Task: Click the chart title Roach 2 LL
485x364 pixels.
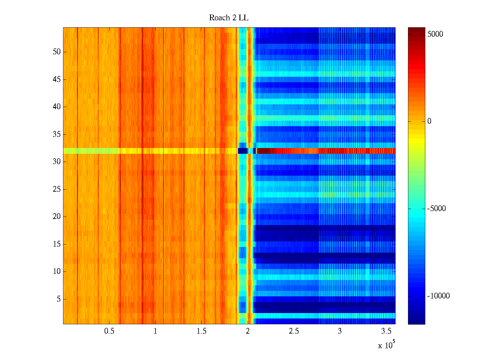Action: (229, 18)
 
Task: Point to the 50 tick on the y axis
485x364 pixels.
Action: (57, 52)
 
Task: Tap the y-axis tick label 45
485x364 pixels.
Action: (57, 79)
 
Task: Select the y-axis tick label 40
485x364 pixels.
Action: (57, 107)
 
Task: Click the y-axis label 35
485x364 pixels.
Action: (57, 134)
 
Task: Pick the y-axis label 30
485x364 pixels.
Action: (57, 162)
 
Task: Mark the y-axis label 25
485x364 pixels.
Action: (57, 189)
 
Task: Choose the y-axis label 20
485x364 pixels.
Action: (57, 217)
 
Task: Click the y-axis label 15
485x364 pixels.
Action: (57, 244)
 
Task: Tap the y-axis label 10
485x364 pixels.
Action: (57, 271)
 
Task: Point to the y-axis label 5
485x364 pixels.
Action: (59, 299)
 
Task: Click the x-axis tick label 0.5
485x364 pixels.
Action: (109, 331)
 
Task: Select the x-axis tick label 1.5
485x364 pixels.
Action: (201, 331)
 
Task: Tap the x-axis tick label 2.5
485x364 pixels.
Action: (293, 331)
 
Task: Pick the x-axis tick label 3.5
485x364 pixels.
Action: (386, 331)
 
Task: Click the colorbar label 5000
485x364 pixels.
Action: (435, 34)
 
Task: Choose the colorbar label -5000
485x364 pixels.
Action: (436, 209)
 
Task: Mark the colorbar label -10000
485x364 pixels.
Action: (438, 296)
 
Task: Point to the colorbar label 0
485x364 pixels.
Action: (429, 121)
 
